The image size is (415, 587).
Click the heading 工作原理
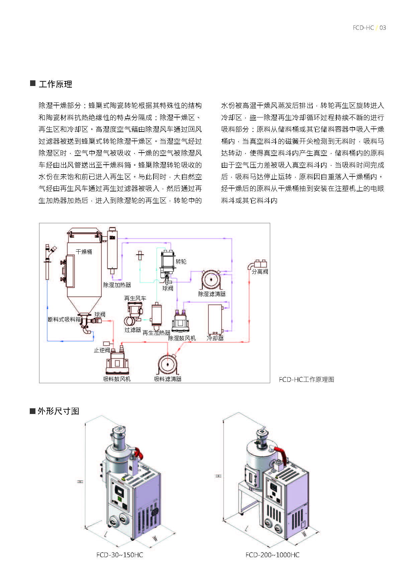56,84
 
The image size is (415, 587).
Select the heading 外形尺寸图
58,411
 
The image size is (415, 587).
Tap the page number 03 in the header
383,28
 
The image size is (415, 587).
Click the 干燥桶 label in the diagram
84,252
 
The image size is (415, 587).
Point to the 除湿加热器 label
117,285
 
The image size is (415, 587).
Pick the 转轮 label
181,261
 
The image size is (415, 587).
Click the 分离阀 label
260,271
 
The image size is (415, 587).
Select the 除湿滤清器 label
212,294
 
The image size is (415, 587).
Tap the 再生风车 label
135,298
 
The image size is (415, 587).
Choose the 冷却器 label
215,338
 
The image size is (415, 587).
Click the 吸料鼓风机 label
117,379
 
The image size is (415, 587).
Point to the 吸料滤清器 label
168,379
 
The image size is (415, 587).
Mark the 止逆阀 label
102,350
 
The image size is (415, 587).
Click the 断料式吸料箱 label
64,319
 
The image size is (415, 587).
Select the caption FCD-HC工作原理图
306,380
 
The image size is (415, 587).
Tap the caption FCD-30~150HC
119,555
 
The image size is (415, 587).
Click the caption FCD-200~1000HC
272,555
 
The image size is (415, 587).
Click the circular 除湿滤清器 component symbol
211,279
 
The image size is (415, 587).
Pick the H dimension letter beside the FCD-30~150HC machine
81,482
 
